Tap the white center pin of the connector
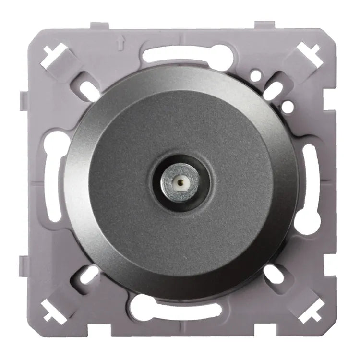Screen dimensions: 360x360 coord(180,182)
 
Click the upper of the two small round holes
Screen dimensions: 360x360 coord(258,75)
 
